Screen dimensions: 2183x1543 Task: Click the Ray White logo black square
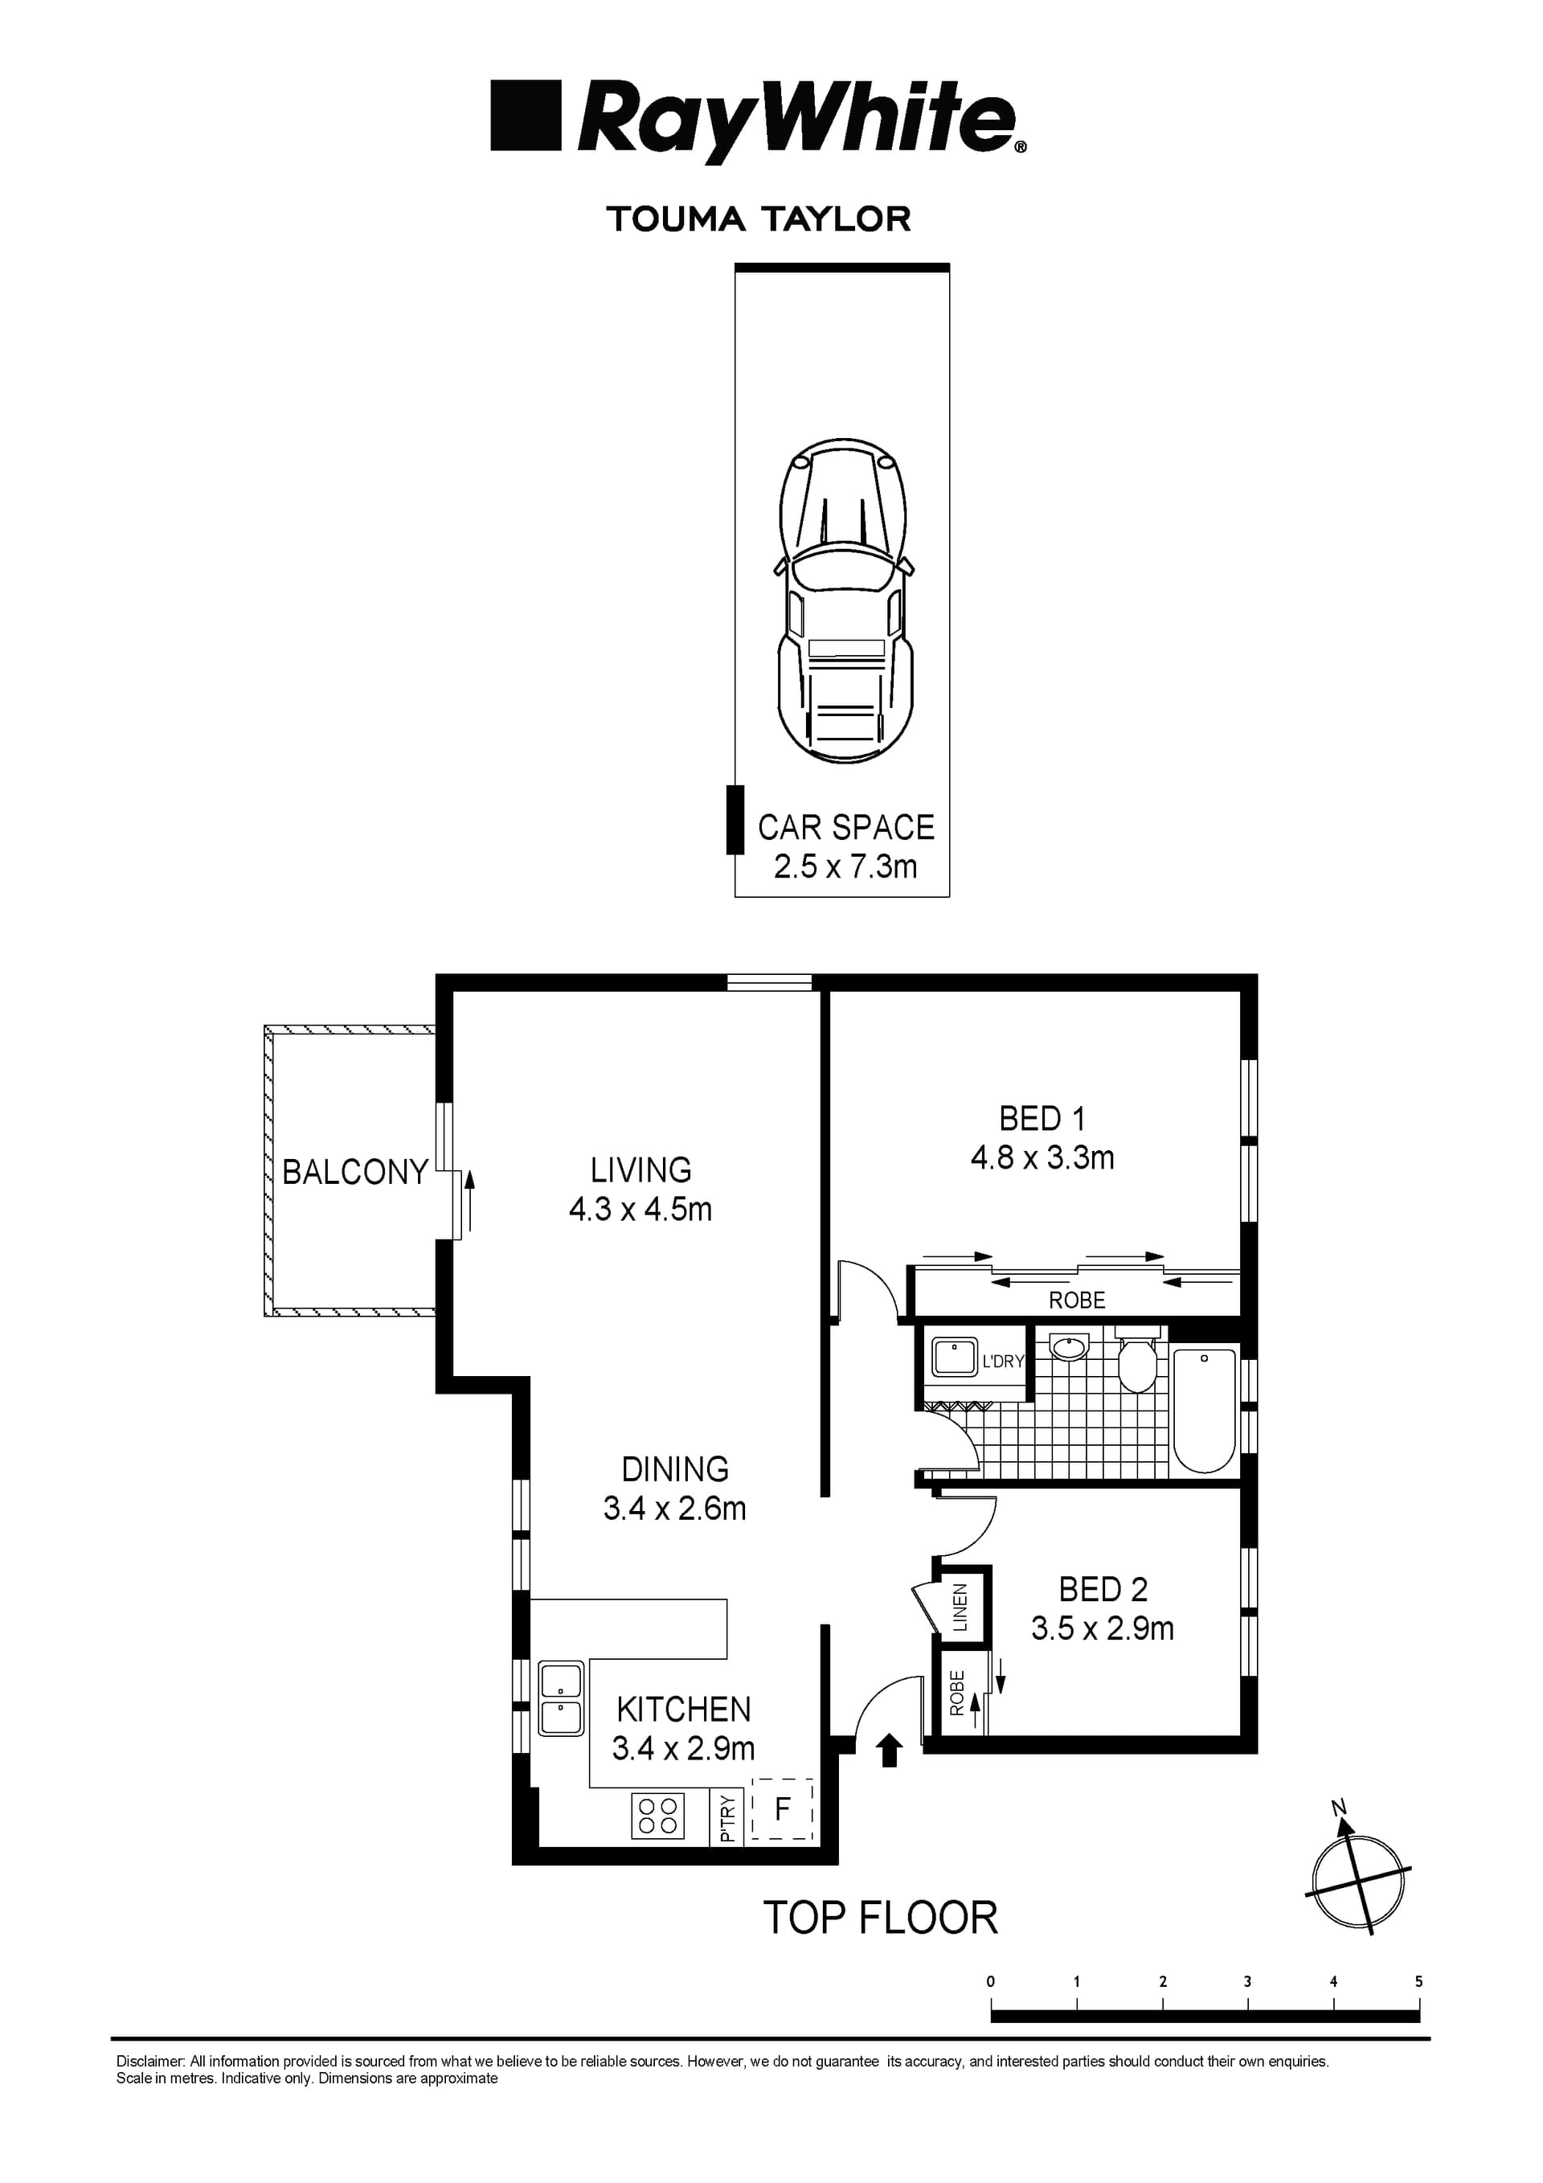(x=525, y=115)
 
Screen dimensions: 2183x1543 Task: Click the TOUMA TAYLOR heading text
(x=759, y=219)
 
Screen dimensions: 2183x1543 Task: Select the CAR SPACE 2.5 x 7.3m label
(x=845, y=846)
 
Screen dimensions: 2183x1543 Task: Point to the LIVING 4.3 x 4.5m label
(x=640, y=1189)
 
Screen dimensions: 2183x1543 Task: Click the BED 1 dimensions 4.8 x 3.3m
(x=1042, y=1157)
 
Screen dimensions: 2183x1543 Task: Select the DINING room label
(x=674, y=1469)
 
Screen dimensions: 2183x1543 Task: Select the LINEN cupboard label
(x=960, y=1607)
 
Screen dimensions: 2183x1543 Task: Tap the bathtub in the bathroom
(x=1204, y=1410)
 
